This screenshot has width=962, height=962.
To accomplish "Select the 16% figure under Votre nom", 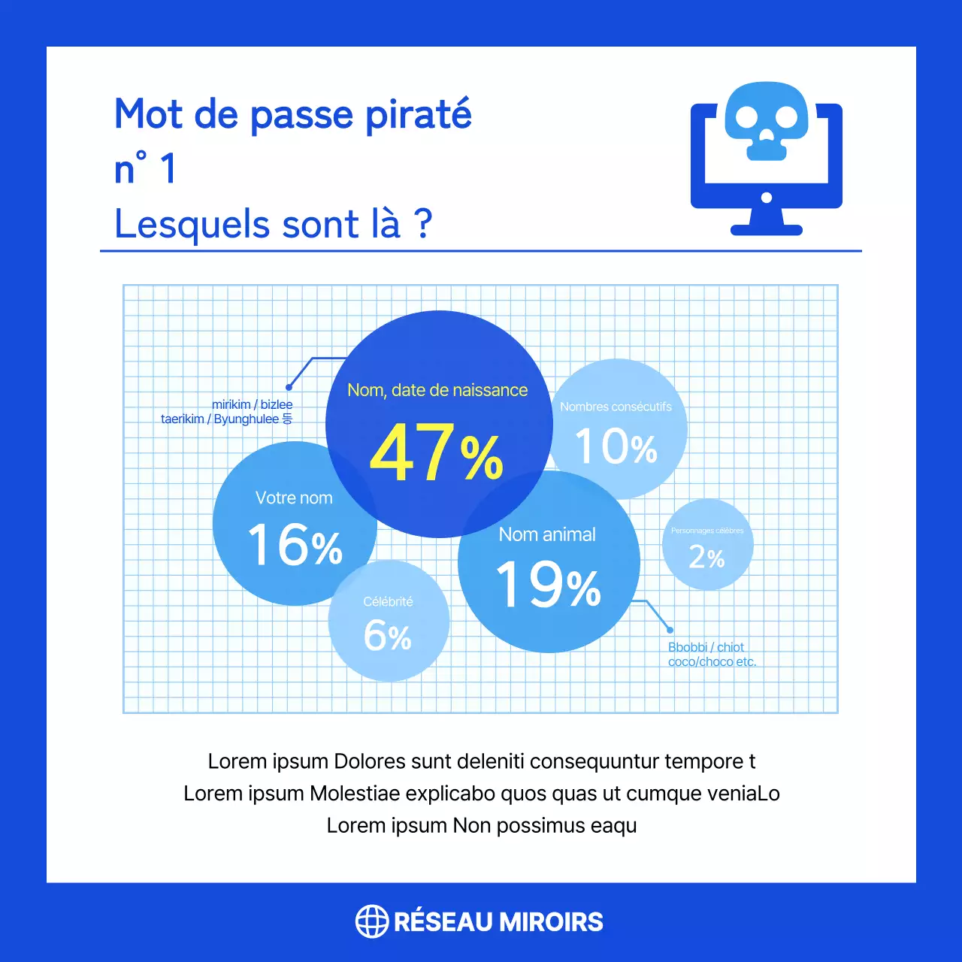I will coord(295,545).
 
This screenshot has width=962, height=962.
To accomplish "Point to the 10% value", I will coord(616,446).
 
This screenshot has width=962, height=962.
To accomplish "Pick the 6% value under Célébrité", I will coord(388,636).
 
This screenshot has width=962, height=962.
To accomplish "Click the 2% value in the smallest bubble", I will coord(706,557).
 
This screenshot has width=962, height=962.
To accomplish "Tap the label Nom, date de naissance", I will coord(437,390).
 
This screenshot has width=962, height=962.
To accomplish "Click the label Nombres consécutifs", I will coord(616,407).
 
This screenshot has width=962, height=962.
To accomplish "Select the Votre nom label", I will coord(294,498).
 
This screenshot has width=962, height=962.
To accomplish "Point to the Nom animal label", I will coord(547,534).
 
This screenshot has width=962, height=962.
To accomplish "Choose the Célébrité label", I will coord(388,601).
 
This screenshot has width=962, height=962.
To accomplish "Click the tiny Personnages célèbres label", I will coord(707,531).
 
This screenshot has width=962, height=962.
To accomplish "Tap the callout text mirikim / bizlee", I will coord(252,404).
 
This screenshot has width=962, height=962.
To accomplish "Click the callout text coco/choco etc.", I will coord(712,662).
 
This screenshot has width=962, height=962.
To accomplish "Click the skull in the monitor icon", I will coord(767,120).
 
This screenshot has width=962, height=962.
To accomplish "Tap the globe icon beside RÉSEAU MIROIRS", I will coord(371,921).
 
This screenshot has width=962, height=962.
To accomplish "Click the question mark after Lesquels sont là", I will coord(424,223).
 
